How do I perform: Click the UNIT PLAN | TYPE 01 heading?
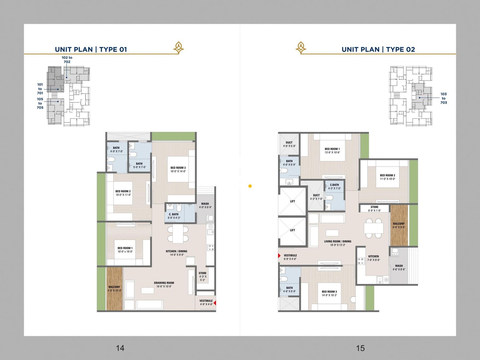[x=91, y=49]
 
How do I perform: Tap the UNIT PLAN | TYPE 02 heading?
[x=378, y=49]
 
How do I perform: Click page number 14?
[x=120, y=348]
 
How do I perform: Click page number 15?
[x=360, y=348]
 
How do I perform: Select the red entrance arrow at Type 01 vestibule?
[x=214, y=303]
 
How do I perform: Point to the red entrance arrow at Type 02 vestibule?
[x=279, y=256]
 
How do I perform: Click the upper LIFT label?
[x=292, y=201]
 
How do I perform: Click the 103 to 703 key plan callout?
[x=443, y=98]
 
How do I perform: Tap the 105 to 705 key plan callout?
[x=40, y=103]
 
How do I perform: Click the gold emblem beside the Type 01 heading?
[x=178, y=48]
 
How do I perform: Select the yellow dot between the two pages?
[x=250, y=186]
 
